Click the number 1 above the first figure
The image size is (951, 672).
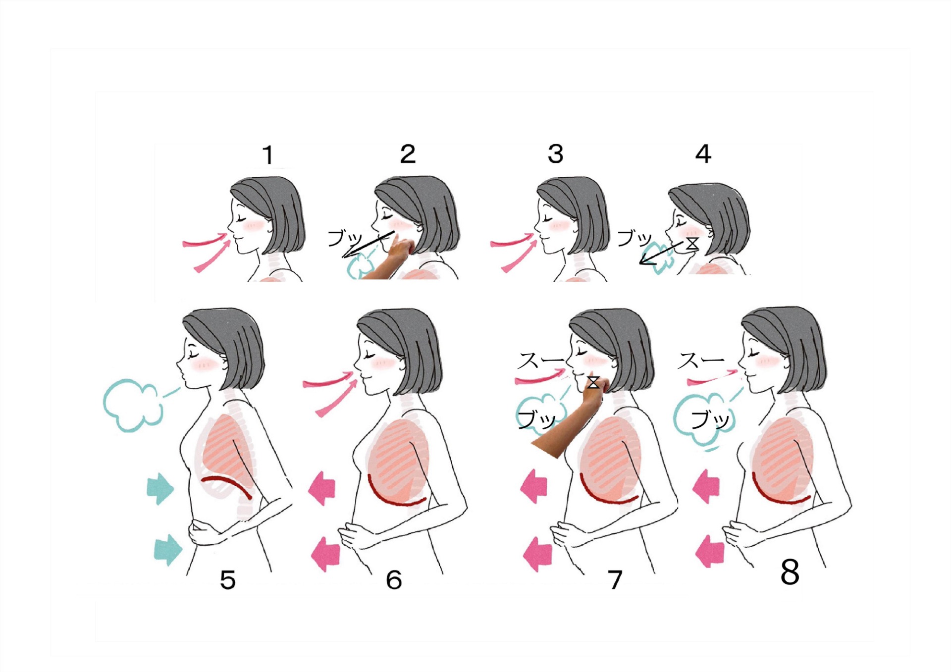point(268,155)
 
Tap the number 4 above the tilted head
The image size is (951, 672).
point(703,154)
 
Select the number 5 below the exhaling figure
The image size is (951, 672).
point(227,580)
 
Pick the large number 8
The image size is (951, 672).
point(790,572)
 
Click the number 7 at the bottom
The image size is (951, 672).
point(615,580)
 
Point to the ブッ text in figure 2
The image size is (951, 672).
point(345,238)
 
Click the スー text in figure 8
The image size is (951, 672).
point(701,361)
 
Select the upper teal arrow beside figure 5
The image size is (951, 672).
point(160,488)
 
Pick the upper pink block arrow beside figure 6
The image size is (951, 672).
point(322,488)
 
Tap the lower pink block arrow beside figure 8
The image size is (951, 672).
point(709,551)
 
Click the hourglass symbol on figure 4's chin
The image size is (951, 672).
point(692,244)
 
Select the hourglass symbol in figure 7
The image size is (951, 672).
point(593,382)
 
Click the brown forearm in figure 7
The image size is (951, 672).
point(565,426)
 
